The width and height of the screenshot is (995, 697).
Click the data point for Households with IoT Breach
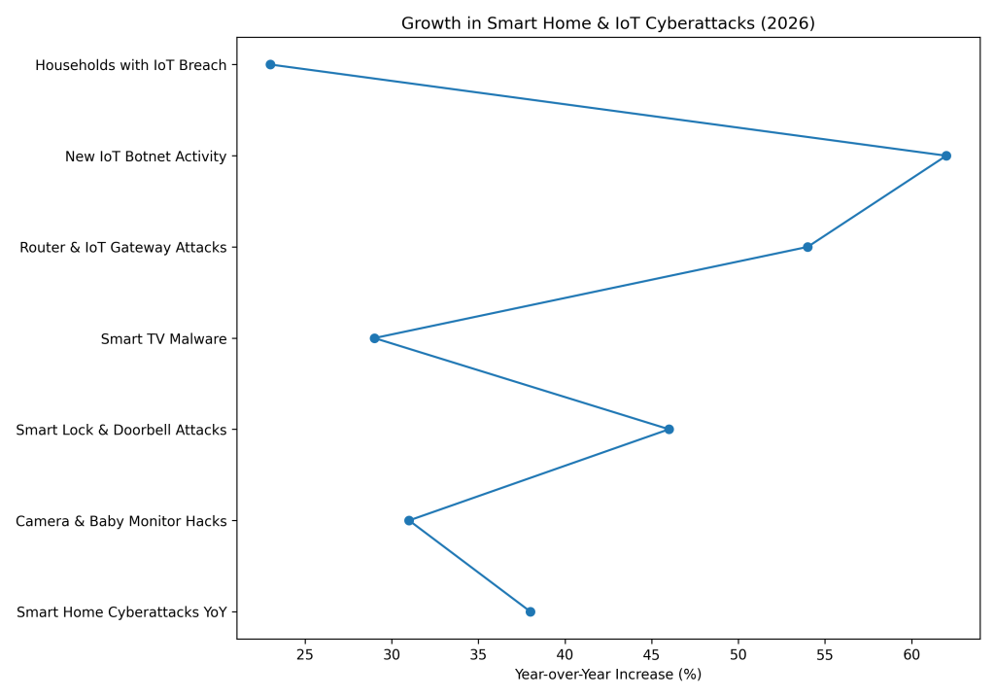coord(270,65)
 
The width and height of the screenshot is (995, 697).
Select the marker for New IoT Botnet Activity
coord(945,156)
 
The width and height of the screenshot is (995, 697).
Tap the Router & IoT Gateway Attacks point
coord(807,247)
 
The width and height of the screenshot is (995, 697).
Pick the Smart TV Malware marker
coord(374,338)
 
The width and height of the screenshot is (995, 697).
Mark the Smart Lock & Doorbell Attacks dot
coord(669,430)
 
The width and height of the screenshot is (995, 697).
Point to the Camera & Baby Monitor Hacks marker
coord(409,520)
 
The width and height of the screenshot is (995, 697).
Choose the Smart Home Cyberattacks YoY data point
coord(530,611)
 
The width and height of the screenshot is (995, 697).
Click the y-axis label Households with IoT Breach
coord(130,65)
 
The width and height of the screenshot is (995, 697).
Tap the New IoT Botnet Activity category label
coord(146,157)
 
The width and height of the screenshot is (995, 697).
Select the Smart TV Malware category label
coord(163,338)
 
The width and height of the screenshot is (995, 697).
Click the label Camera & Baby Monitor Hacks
coord(121,521)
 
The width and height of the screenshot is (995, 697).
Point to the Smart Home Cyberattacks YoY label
coord(121,612)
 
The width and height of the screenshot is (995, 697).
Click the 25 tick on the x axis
coord(305,653)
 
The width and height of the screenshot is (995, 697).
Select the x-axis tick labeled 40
coord(565,653)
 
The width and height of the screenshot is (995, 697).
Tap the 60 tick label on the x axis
coord(911,653)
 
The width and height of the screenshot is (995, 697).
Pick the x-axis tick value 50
coord(738,653)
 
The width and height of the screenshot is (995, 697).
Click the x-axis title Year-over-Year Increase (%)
coord(607,674)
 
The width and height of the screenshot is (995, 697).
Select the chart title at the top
coord(607,23)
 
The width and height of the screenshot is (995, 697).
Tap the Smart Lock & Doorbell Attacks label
coord(121,430)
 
